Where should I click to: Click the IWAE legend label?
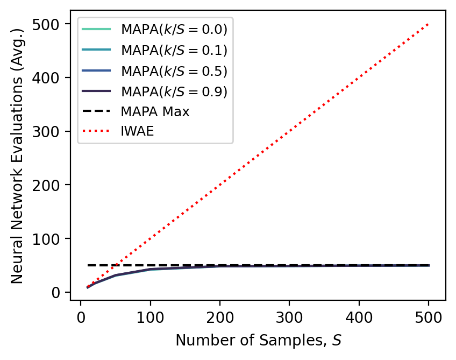tap(138, 132)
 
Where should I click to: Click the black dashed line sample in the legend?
tap(97, 112)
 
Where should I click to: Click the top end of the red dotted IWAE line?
tap(429, 24)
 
